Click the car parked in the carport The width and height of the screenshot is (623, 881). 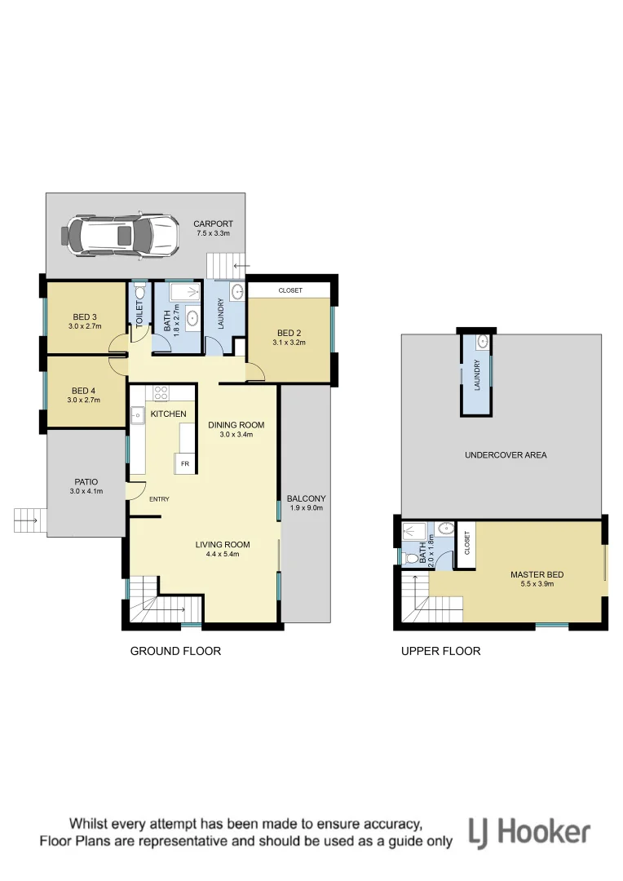click(120, 235)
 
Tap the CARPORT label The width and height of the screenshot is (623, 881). click(213, 224)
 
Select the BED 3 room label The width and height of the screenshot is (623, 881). click(85, 317)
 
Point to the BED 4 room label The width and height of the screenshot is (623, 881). click(85, 391)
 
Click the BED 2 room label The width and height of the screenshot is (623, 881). click(289, 333)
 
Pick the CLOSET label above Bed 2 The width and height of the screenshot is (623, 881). click(290, 290)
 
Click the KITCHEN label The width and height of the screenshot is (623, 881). click(169, 414)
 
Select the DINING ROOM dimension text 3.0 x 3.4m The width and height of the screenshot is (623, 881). click(236, 435)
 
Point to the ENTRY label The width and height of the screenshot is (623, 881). click(158, 499)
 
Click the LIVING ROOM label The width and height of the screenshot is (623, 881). click(222, 544)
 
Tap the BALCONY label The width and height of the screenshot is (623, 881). click(306, 498)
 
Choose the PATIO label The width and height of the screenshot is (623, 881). click(86, 481)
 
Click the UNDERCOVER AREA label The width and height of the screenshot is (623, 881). click(506, 454)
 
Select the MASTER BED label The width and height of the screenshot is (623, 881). click(537, 574)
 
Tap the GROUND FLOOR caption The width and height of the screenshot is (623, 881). click(175, 651)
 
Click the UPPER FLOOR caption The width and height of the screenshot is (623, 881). click(440, 651)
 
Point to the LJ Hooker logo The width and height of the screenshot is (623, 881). click(529, 833)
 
